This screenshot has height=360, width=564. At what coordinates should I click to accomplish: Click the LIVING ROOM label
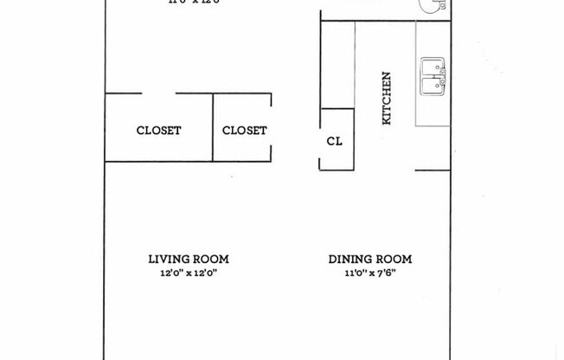tap(188, 259)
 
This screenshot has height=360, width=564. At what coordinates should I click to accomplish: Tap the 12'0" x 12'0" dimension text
tap(188, 273)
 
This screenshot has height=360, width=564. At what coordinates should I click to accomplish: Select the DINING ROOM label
tap(369, 259)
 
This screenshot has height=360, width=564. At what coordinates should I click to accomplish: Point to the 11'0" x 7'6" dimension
tap(369, 273)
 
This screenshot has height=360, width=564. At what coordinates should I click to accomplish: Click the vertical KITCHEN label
tap(387, 98)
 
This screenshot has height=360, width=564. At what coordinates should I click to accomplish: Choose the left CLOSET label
tap(158, 131)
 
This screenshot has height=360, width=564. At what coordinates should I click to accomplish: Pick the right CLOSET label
tap(244, 131)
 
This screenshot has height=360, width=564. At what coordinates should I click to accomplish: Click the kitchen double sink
tap(433, 76)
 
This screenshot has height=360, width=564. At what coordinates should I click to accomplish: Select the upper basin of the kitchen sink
tap(432, 67)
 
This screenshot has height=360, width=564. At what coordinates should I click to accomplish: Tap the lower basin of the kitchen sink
tap(432, 86)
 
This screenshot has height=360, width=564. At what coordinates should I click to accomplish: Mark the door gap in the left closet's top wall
tap(158, 93)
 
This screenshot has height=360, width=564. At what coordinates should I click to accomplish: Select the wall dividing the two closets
tap(213, 126)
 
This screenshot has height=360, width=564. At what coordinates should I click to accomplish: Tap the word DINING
tap(349, 259)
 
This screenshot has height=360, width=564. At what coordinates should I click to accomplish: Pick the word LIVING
tap(167, 259)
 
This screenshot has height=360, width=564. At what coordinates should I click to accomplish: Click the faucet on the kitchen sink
tap(443, 76)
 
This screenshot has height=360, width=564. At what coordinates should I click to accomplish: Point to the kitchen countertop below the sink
tap(433, 112)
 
